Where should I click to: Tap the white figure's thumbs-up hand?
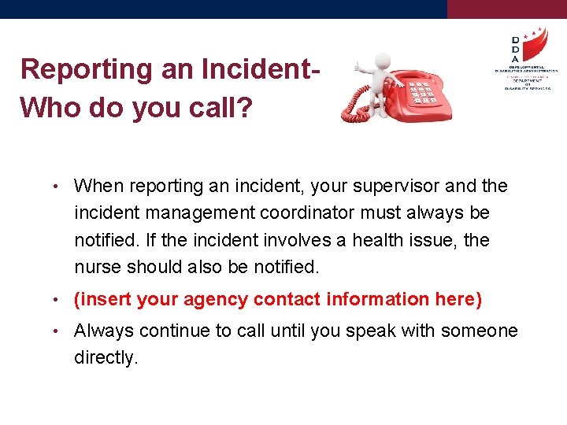[x=358, y=68]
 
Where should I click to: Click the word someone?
[x=479, y=331]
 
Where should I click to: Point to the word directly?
[x=106, y=358]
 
